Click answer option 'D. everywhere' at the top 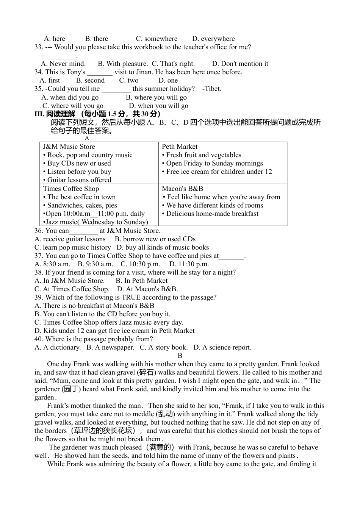point(213,39)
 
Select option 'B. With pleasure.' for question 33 point(122,64)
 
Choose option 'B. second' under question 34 point(90,80)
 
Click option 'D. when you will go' point(158,106)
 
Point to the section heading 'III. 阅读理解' point(55,114)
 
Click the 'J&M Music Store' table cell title point(69,147)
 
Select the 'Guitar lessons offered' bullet point(79,180)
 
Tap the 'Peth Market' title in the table point(180,147)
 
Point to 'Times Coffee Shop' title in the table point(71,189)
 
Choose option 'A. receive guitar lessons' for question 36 point(70,239)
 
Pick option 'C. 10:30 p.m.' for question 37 point(140,264)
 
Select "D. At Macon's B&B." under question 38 point(147,289)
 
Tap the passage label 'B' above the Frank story point(180,356)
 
